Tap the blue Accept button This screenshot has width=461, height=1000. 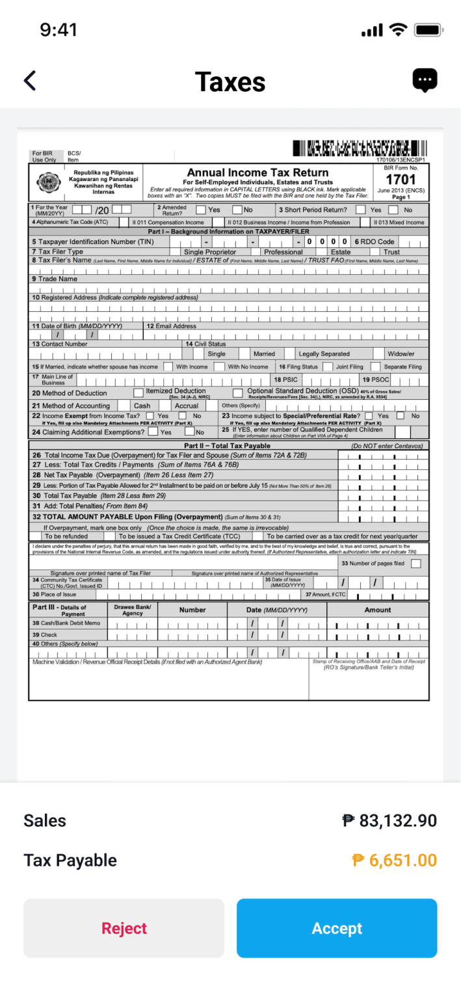click(336, 928)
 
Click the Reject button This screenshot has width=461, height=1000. click(124, 928)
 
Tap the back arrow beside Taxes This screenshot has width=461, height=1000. click(30, 81)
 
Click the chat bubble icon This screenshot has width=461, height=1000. click(425, 80)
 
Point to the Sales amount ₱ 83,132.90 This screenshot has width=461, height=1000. click(389, 820)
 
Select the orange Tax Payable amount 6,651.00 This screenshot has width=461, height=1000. click(394, 860)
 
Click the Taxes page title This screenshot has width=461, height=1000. click(230, 82)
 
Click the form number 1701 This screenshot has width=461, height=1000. click(401, 180)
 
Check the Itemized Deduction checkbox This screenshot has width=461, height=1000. click(138, 393)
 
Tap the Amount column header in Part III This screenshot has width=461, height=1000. click(378, 610)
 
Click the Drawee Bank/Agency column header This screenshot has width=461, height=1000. click(133, 610)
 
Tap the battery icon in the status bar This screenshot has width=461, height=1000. click(428, 30)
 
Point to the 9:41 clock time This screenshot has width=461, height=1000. click(59, 30)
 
